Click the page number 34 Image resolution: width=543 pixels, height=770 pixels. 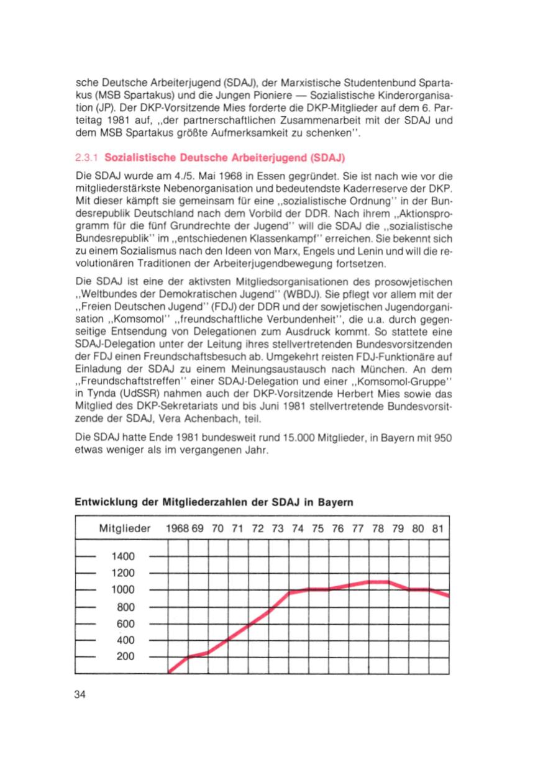point(80,694)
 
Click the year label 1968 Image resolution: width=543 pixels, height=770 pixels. point(176,530)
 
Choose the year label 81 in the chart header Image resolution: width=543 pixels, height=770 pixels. point(437,530)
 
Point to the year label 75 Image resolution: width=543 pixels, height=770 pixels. point(317,530)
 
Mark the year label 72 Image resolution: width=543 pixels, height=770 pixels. point(258,530)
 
